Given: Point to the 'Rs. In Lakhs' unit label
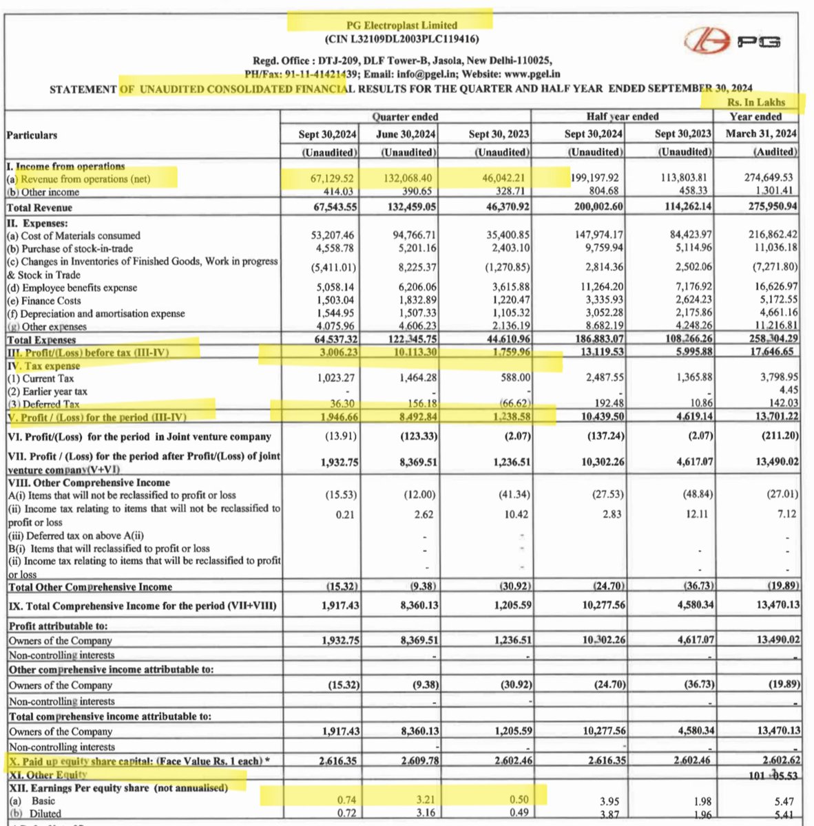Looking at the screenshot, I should coord(755,102).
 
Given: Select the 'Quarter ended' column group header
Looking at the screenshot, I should coord(405,117).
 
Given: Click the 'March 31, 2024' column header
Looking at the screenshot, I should coord(756,134).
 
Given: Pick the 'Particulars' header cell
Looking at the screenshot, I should coord(32,135).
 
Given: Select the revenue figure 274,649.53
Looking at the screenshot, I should coord(768,178).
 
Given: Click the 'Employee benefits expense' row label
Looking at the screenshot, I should coord(72,288).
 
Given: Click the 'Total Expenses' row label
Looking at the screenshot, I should coord(41,339).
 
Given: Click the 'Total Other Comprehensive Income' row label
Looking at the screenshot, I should coord(90,587).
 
